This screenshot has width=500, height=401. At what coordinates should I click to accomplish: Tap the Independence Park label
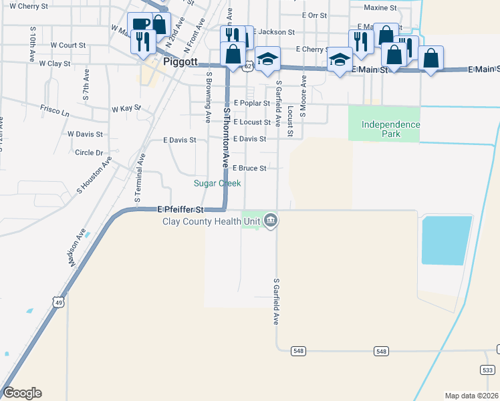click(390, 129)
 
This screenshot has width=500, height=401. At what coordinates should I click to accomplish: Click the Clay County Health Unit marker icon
click(270, 220)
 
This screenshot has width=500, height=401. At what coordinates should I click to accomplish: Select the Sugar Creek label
click(217, 182)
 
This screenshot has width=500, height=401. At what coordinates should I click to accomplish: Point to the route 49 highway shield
click(59, 303)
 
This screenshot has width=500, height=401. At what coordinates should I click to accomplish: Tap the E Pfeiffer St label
click(180, 210)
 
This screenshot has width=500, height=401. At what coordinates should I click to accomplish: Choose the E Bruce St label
click(249, 168)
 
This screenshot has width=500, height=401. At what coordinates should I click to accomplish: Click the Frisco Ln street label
click(55, 113)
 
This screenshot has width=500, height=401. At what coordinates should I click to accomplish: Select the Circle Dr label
click(89, 152)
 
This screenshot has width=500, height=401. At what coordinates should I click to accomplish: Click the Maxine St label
click(380, 8)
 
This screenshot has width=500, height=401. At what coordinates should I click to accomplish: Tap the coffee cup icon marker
click(140, 25)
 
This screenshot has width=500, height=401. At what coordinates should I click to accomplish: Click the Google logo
click(22, 393)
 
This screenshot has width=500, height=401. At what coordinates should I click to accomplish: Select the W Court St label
click(68, 45)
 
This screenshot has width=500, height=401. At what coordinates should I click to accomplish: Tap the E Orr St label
click(314, 15)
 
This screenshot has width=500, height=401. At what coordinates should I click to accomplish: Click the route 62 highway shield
click(248, 65)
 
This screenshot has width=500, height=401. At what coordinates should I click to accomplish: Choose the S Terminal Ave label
click(139, 178)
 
